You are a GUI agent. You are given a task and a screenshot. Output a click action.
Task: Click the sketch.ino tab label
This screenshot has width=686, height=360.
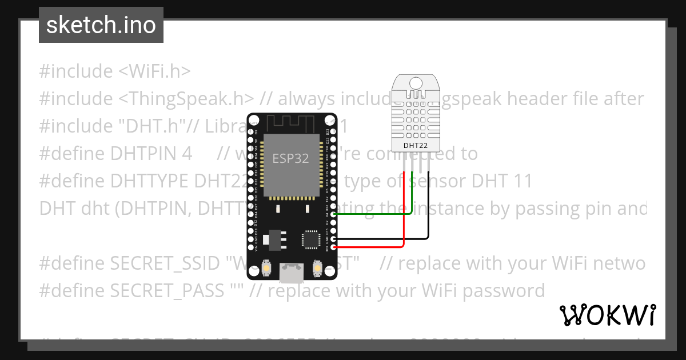point(101,25)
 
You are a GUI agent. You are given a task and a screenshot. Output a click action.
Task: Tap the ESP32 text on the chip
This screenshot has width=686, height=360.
point(290,158)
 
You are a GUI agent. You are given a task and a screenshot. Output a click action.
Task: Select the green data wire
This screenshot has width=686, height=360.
point(372,214)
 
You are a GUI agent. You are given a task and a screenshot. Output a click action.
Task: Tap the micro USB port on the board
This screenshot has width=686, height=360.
point(292,274)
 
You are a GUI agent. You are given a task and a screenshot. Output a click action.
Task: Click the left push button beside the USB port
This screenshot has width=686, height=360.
point(266,267)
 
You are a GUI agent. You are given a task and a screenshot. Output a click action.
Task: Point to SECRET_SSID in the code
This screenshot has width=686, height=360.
point(165,263)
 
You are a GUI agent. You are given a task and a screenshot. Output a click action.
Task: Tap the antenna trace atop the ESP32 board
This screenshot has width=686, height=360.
point(292,122)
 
